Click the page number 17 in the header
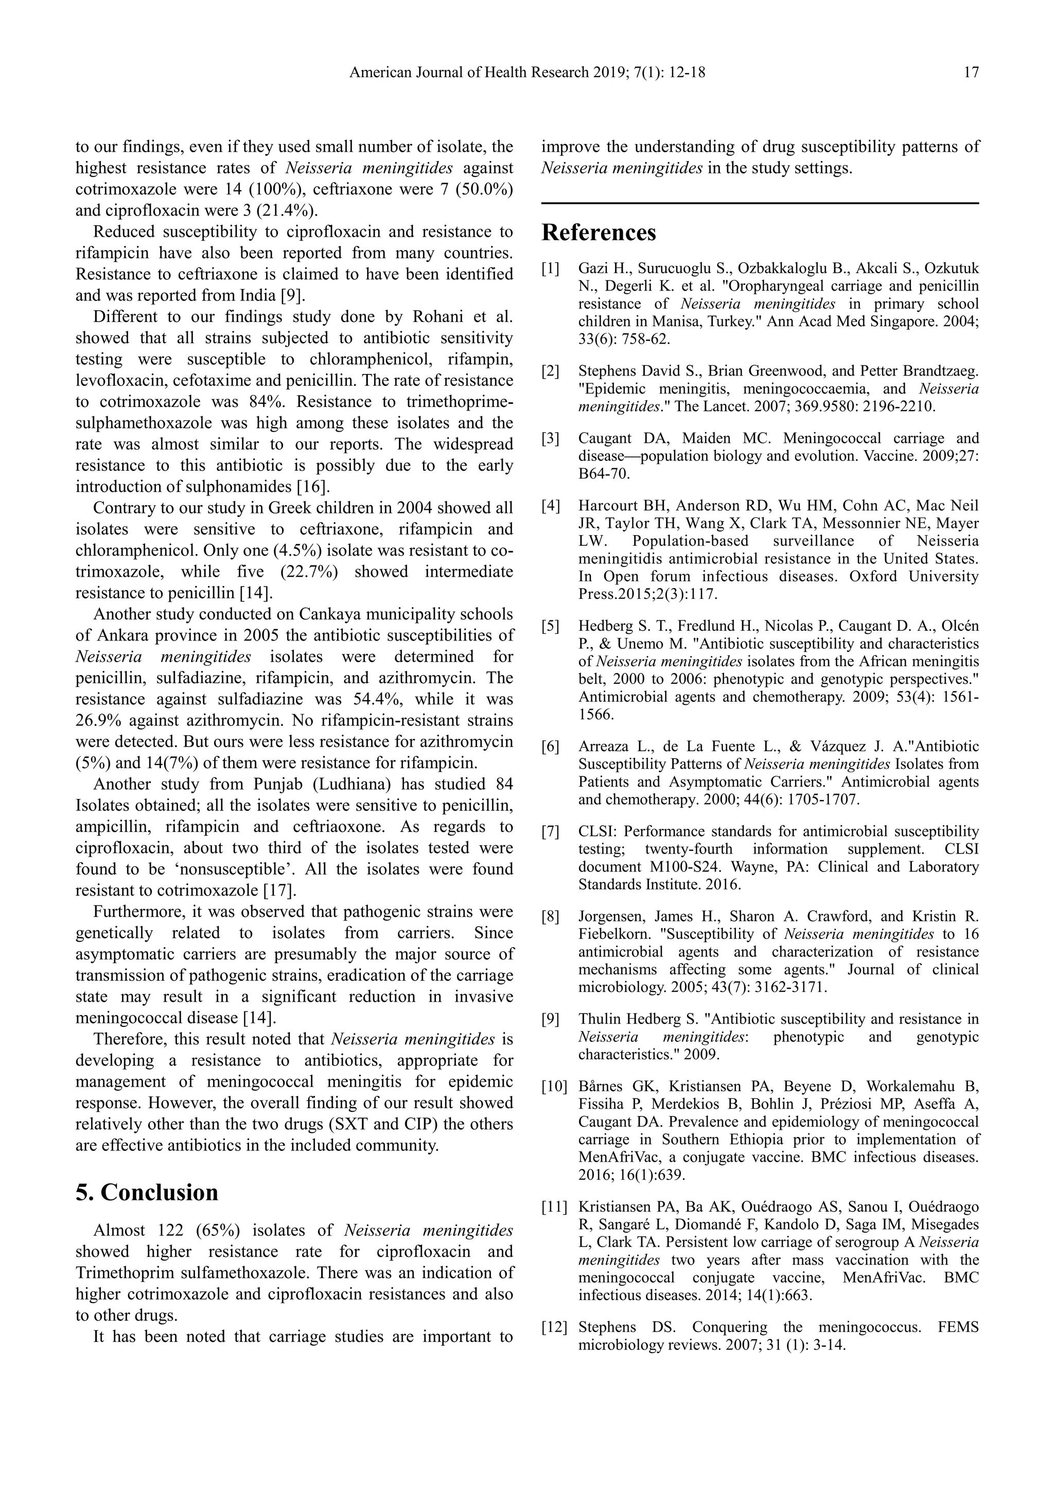tap(971, 73)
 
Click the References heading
tap(599, 233)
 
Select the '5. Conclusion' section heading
tap(147, 1192)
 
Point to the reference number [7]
tap(550, 832)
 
